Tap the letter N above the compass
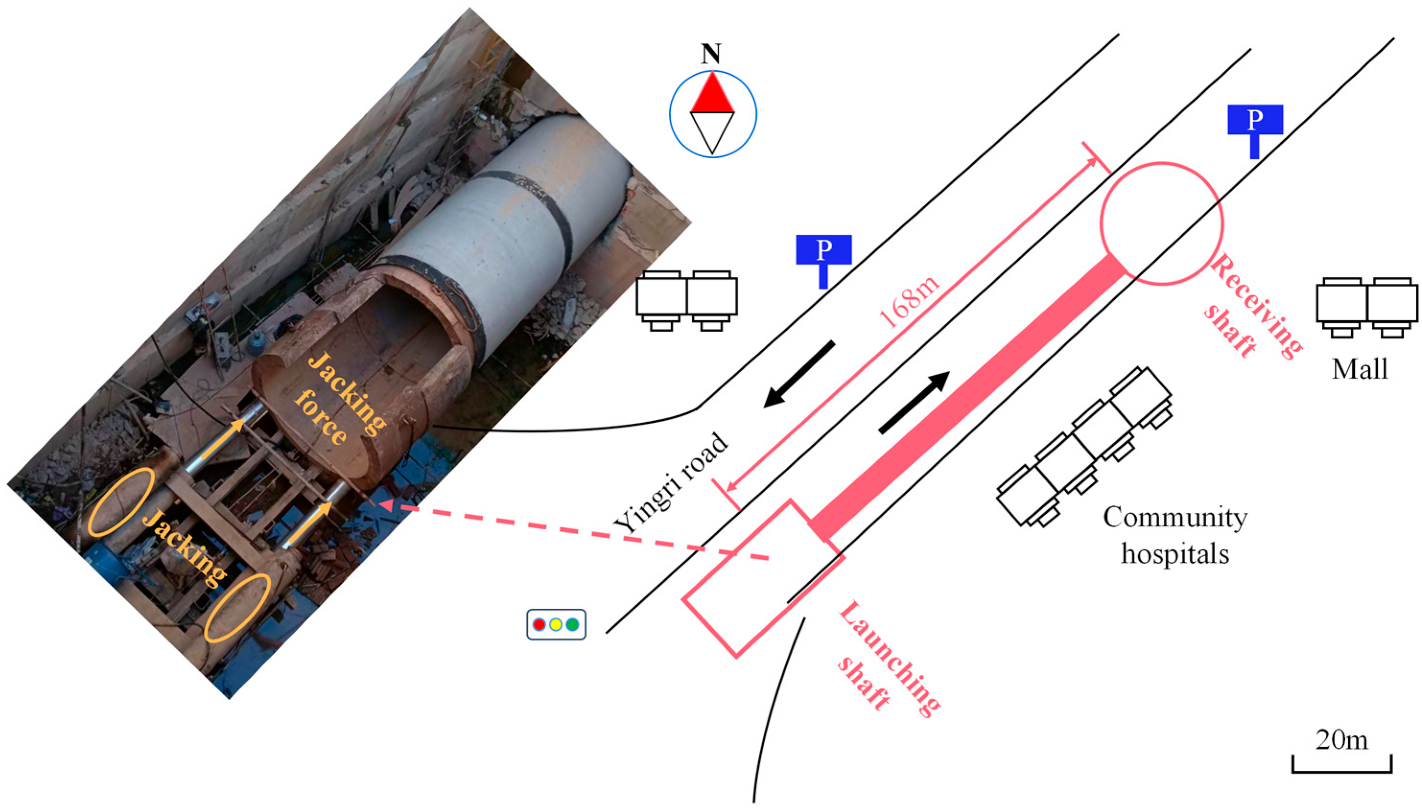711,55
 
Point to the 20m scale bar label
1341,740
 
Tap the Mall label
1359,369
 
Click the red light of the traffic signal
538,625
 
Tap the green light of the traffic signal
572,625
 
